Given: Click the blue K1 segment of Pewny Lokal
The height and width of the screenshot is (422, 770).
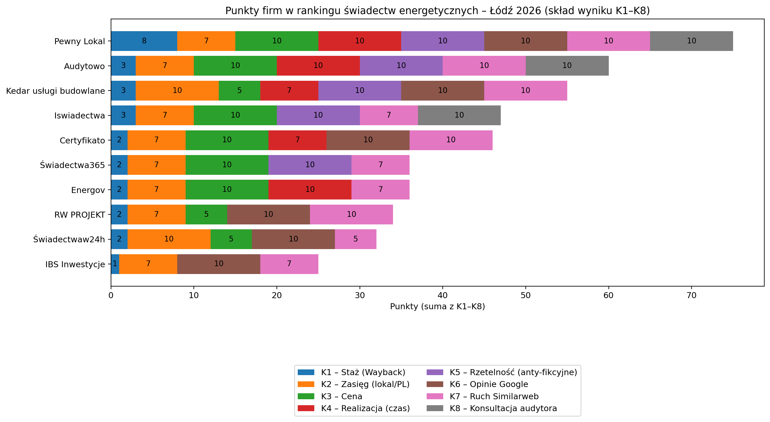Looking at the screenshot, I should (144, 41).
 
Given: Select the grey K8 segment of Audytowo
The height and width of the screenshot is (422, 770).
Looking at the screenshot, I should (567, 66).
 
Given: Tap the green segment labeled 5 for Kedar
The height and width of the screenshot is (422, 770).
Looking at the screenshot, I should (239, 91).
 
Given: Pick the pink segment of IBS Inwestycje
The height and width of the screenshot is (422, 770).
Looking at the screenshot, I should (289, 264).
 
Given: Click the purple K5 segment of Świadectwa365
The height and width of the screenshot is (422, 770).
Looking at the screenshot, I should (310, 165).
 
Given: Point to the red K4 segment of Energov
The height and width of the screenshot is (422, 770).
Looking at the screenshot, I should (310, 189).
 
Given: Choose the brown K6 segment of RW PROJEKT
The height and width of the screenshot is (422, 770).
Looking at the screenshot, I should (268, 214).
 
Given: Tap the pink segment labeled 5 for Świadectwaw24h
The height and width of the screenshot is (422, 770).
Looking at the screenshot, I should (355, 239).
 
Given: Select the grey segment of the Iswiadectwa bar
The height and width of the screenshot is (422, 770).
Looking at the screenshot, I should (459, 115).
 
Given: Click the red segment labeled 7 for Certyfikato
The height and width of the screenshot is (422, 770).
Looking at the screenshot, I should (297, 140).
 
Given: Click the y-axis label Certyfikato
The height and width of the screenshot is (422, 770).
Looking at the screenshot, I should (82, 141).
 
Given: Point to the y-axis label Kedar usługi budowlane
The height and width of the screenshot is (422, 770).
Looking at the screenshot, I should (55, 91).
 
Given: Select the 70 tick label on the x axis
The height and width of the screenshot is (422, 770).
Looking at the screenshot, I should (691, 295).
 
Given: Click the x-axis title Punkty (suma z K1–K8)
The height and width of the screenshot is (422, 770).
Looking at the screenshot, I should (437, 307).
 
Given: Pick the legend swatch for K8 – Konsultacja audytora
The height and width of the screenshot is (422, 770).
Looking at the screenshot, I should (435, 408).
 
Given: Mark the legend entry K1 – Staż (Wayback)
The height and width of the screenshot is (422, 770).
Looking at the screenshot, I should (363, 372).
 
